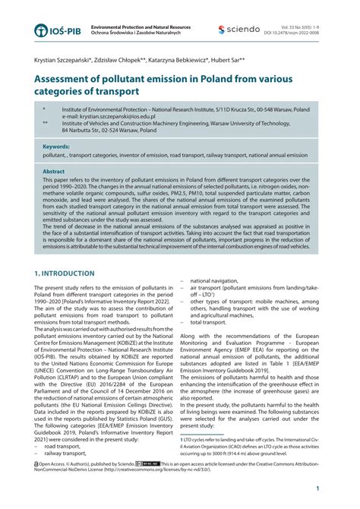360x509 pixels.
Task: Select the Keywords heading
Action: [56, 146]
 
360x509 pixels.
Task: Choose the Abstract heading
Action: [54, 172]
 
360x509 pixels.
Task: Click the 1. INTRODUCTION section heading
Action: [65, 273]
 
